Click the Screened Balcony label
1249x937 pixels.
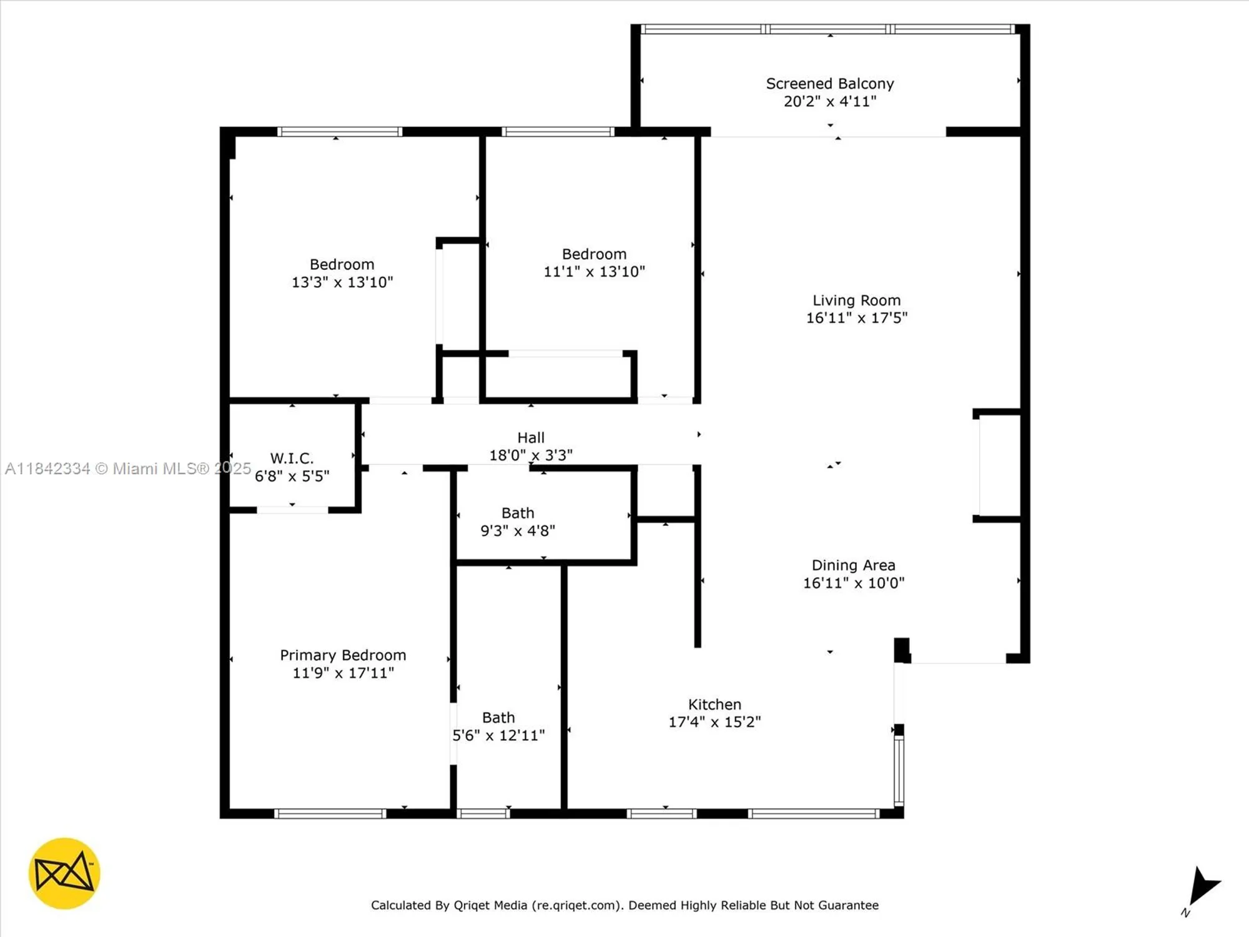coord(829,84)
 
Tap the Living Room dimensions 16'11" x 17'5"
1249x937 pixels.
coord(856,318)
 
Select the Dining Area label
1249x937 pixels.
coord(853,565)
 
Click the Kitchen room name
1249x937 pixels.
coord(714,705)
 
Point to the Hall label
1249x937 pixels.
coord(530,438)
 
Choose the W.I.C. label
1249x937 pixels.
coord(292,459)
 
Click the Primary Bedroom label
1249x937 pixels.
coord(343,655)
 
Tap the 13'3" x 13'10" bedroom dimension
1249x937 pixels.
coord(342,282)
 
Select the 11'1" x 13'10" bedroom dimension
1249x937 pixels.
coord(594,272)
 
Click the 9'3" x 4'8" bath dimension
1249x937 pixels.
coord(517,531)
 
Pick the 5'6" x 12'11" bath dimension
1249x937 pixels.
coord(498,735)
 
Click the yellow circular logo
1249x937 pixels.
coord(64,873)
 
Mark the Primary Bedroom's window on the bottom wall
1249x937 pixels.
coord(330,813)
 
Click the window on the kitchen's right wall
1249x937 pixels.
coord(899,771)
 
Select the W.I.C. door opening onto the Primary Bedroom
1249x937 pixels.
coord(292,510)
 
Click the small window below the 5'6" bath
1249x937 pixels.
coord(483,813)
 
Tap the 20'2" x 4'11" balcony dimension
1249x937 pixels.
coord(829,101)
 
